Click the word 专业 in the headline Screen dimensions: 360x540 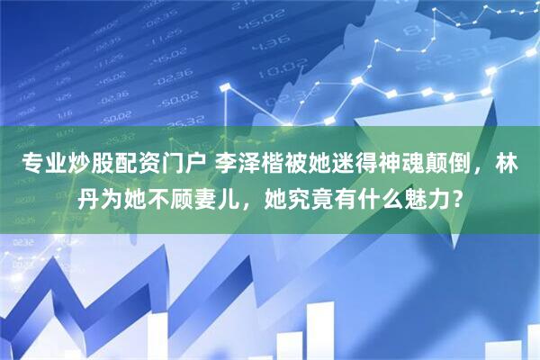[x=36, y=163]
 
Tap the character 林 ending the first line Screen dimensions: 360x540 [x=511, y=163]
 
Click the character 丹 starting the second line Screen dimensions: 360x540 [x=87, y=195]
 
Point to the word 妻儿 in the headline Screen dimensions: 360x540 [x=229, y=195]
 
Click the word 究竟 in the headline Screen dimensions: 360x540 [x=311, y=195]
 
